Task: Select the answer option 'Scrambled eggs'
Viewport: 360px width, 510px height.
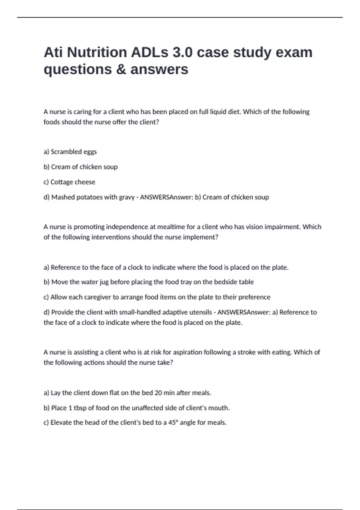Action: click(x=73, y=152)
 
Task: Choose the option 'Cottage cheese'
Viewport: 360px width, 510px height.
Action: click(x=73, y=182)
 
